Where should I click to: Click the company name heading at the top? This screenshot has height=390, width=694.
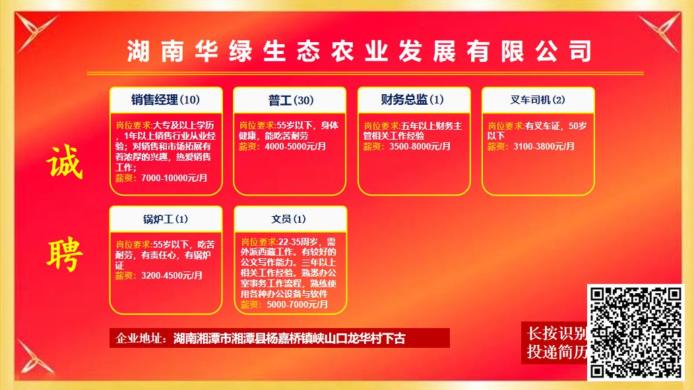coord(359,51)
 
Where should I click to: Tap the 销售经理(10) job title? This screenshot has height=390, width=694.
coord(166,100)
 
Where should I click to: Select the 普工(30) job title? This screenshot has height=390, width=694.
coord(291,100)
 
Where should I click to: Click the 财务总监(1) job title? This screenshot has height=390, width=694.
coord(412,99)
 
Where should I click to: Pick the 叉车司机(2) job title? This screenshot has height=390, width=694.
coord(537,100)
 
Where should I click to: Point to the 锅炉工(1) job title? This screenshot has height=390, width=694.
coord(166,219)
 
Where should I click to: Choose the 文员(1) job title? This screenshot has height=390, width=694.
coord(288,219)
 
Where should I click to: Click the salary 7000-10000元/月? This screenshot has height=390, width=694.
coord(174,178)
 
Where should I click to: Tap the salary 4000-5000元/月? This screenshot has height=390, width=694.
coord(296,146)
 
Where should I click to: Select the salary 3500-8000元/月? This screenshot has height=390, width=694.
coord(420,146)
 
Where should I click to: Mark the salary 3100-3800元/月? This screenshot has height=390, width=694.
coord(544,146)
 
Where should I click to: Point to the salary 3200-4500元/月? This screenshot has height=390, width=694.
coord(172,275)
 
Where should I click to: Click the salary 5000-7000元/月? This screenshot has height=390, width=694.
coord(297,304)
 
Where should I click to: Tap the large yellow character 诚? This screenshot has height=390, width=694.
coord(65,162)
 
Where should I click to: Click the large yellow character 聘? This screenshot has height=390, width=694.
coord(65,254)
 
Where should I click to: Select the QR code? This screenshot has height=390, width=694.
coord(635,333)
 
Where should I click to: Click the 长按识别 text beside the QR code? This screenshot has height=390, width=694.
coord(556,333)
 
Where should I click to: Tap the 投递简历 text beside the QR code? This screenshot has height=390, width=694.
coord(556,352)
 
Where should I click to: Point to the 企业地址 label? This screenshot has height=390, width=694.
coord(139,339)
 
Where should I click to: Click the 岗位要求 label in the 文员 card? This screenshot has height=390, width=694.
coord(259,242)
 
